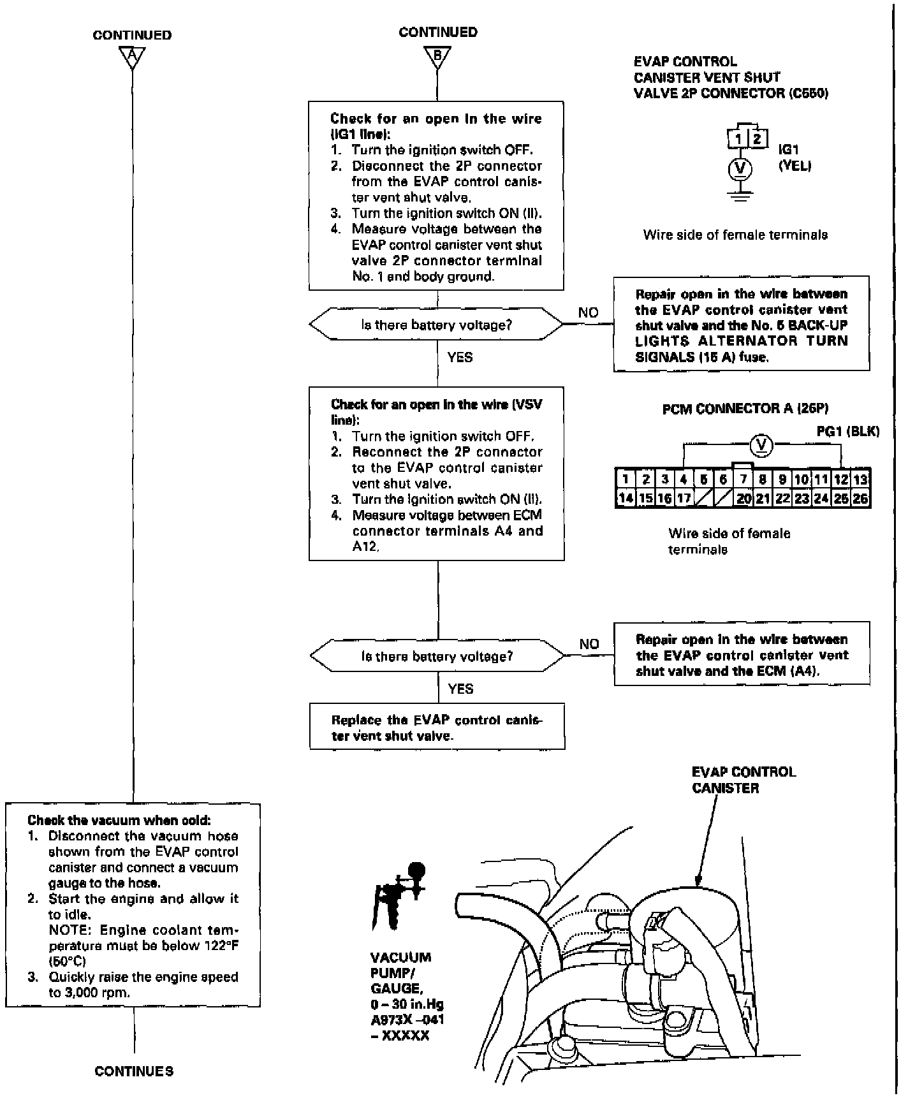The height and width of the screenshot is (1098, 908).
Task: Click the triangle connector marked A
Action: click(132, 57)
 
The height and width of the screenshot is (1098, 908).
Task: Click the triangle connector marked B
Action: click(437, 55)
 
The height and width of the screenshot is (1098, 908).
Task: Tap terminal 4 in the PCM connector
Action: click(684, 479)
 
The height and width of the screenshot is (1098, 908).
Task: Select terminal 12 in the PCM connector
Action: click(841, 479)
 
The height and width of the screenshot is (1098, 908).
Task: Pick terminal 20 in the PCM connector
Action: click(743, 499)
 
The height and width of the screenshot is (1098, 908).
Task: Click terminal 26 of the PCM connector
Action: click(860, 499)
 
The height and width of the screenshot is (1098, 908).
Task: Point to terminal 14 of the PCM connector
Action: click(626, 499)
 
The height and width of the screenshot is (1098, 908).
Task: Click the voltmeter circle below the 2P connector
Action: click(740, 168)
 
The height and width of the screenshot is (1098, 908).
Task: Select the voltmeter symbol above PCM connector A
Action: click(761, 445)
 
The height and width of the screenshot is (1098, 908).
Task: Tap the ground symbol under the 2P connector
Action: click(740, 196)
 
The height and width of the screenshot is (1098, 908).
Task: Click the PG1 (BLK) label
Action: click(847, 432)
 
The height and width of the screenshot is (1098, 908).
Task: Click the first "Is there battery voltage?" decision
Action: click(437, 325)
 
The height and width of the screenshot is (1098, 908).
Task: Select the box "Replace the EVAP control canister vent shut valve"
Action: click(437, 728)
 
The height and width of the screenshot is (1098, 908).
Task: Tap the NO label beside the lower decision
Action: click(589, 644)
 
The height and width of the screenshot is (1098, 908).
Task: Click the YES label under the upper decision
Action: click(460, 357)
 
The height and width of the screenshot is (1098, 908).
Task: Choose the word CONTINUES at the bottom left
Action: click(134, 1071)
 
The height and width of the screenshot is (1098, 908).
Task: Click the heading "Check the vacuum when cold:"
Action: click(119, 820)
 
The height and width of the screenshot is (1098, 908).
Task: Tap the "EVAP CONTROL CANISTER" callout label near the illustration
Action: click(743, 780)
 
